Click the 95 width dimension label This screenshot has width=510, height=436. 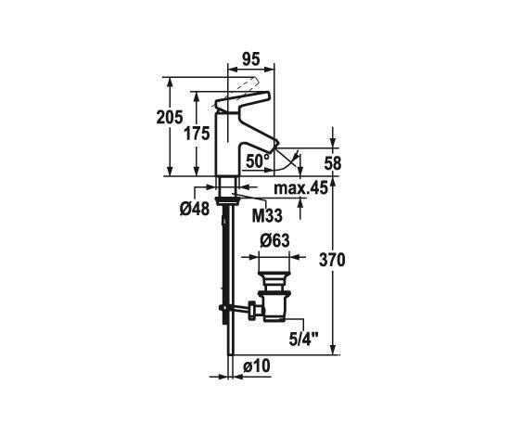[x=251, y=59]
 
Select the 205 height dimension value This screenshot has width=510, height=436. [x=170, y=118]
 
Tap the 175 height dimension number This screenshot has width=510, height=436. [x=197, y=134]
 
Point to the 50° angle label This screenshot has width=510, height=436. [x=258, y=161]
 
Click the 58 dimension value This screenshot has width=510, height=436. [x=333, y=163]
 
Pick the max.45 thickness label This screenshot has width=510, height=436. [x=300, y=188]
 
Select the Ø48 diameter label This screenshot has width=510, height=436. [x=195, y=209]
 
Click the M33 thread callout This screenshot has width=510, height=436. [x=267, y=215]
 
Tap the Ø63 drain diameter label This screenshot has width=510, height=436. [x=274, y=241]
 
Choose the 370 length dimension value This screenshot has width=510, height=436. [x=332, y=261]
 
